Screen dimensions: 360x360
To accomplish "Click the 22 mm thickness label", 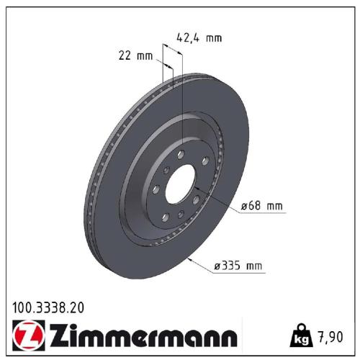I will pyautogui.click(x=135, y=56).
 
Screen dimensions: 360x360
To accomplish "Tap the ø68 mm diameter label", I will pyautogui.click(x=261, y=206).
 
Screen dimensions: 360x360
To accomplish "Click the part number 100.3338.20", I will pyautogui.click(x=48, y=307).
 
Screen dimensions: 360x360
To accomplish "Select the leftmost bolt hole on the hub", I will pyautogui.click(x=156, y=189).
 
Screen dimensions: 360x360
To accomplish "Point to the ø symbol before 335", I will pyautogui.click(x=217, y=266).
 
